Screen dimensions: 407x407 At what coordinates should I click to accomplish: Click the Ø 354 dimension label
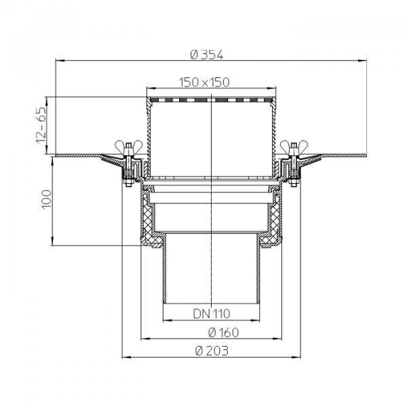pos(206,55)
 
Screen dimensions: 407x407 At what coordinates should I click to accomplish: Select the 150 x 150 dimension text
pos(204,82)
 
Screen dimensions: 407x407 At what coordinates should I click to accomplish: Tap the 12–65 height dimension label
pos(41,125)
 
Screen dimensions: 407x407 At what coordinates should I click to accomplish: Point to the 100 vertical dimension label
pos(47,199)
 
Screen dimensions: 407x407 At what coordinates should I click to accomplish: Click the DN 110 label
pos(211,313)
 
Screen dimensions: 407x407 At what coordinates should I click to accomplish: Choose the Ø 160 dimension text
pos(223,332)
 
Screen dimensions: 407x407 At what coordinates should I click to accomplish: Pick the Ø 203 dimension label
pos(212,351)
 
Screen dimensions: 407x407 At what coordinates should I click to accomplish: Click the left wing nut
pos(129,147)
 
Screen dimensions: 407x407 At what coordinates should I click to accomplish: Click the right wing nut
pos(294,147)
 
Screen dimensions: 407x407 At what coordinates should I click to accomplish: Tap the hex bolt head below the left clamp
pos(128,184)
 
